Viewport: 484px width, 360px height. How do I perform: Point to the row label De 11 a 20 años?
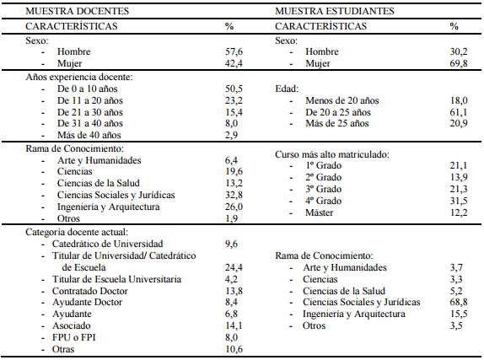(x=93, y=99)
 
